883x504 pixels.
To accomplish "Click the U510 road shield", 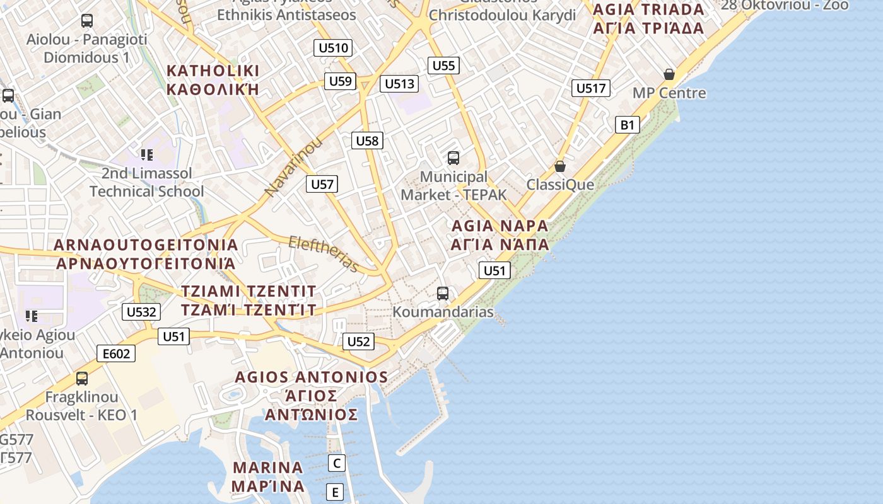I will (x=333, y=48).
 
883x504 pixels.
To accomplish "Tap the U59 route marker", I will (x=341, y=81).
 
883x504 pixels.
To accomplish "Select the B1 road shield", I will (x=627, y=125).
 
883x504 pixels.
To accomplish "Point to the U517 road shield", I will (x=590, y=88).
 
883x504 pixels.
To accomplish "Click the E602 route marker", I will (x=117, y=353).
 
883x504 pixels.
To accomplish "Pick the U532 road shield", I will (x=141, y=311).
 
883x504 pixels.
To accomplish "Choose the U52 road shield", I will (x=358, y=341).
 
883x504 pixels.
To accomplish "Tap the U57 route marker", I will (x=322, y=184).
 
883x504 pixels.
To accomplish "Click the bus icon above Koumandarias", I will (x=443, y=293).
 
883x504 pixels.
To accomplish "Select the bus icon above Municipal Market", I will (x=453, y=158).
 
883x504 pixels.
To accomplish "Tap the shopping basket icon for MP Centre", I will (x=669, y=74).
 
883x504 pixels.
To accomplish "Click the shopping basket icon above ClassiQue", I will (x=559, y=166).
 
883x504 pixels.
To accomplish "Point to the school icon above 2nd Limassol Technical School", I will (x=147, y=154).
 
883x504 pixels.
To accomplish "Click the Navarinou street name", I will (x=293, y=167).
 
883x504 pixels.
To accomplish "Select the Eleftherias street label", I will (x=324, y=253).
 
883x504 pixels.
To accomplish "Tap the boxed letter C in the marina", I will (x=337, y=463).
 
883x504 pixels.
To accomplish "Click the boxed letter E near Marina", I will (x=335, y=492).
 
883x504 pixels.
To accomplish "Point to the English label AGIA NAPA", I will (x=500, y=226).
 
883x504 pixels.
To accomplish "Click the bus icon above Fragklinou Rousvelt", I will (x=82, y=379).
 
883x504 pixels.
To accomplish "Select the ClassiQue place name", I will (x=560, y=185).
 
